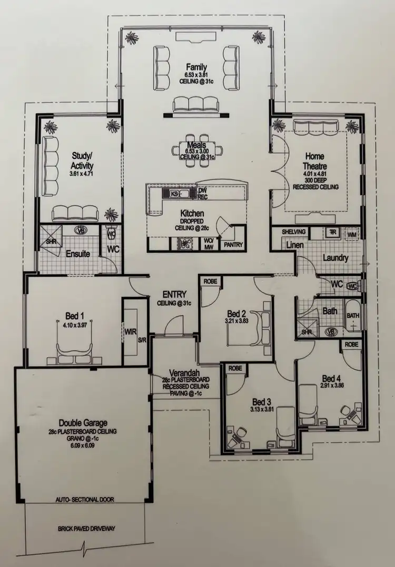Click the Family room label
tap(196, 67)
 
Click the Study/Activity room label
tap(82, 159)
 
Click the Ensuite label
tap(78, 254)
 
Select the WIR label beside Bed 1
tap(131, 332)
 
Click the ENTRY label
tap(174, 294)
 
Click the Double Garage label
tap(83, 422)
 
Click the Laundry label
tap(336, 258)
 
